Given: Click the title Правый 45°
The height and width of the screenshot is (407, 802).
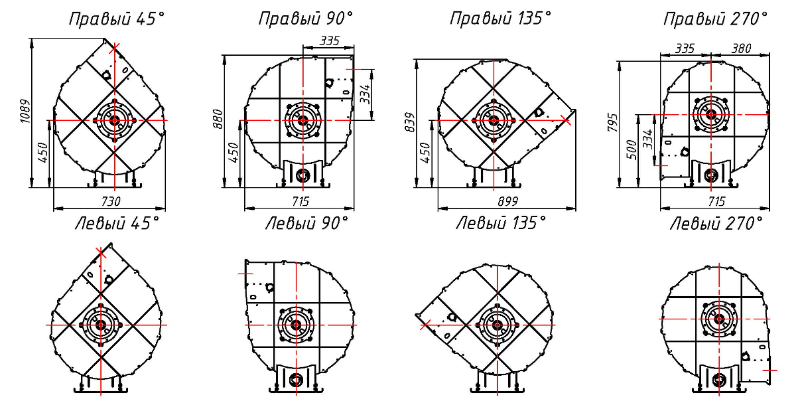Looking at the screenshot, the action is [x=117, y=19].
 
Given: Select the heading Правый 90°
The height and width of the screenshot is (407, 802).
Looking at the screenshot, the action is [x=306, y=19].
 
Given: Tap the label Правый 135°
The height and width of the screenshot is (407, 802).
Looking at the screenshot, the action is [x=501, y=19].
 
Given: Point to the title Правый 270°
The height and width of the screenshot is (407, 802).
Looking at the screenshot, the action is [x=715, y=19].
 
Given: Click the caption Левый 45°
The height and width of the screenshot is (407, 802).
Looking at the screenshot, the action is [x=117, y=224].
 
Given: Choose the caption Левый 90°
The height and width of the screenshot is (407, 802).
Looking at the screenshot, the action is [x=306, y=224].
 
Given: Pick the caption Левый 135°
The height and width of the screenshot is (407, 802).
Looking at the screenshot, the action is [x=501, y=223].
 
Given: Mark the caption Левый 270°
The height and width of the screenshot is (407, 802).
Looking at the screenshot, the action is [x=716, y=224].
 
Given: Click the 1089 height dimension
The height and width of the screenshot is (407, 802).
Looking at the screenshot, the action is [x=25, y=112].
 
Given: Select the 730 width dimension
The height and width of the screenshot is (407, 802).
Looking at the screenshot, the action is [x=111, y=202].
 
